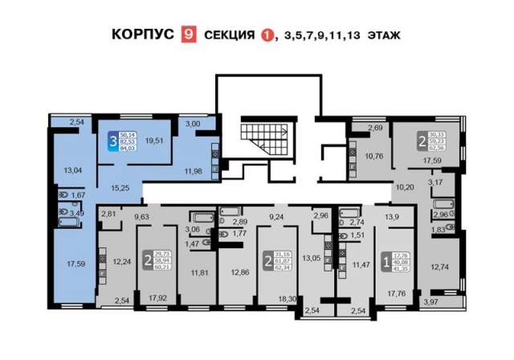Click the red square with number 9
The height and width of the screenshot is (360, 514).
190,35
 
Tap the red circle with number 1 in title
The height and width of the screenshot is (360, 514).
266,35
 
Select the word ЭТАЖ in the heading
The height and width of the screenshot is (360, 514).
383,35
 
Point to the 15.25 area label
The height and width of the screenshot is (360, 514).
120,187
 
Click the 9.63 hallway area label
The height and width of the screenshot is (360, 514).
141,216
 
